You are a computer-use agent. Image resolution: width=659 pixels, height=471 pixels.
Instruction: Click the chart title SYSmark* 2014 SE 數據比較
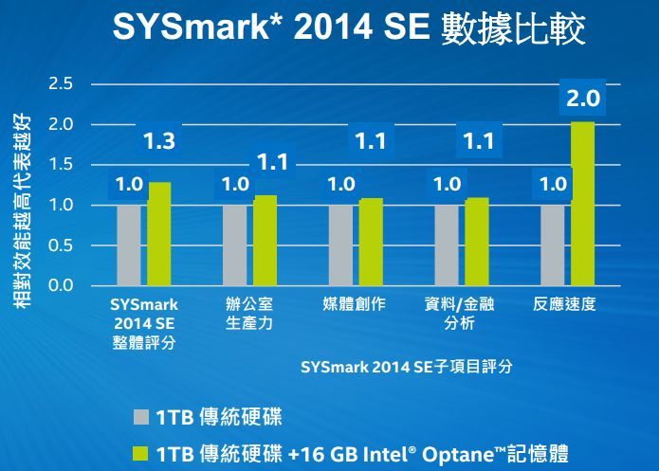(x=348, y=28)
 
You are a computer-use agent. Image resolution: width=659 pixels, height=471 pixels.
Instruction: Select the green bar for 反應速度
(x=583, y=204)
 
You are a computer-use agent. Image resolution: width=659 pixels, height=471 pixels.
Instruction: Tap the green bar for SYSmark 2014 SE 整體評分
(x=159, y=233)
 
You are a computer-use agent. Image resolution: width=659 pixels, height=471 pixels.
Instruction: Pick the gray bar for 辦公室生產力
(x=234, y=244)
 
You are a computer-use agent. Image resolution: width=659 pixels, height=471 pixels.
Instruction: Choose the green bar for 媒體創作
(x=371, y=242)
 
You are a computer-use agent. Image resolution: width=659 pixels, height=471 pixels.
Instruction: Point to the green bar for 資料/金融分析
(x=477, y=242)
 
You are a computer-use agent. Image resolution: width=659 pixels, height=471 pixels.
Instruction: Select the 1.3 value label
(x=158, y=142)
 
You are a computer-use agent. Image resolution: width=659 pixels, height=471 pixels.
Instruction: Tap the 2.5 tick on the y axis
(x=62, y=84)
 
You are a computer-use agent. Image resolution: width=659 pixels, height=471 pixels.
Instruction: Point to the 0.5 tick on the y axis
(x=62, y=245)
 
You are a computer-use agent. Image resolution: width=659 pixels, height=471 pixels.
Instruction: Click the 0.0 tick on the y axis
(x=62, y=285)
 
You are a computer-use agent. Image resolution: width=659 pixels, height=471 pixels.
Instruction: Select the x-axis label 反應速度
(x=567, y=305)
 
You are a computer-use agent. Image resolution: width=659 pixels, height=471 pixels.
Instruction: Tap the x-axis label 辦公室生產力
(x=249, y=314)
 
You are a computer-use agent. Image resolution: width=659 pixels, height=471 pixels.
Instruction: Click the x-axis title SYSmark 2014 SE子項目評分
(x=406, y=367)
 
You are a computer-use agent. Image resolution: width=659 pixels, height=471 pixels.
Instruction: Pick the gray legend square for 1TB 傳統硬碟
(x=141, y=416)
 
